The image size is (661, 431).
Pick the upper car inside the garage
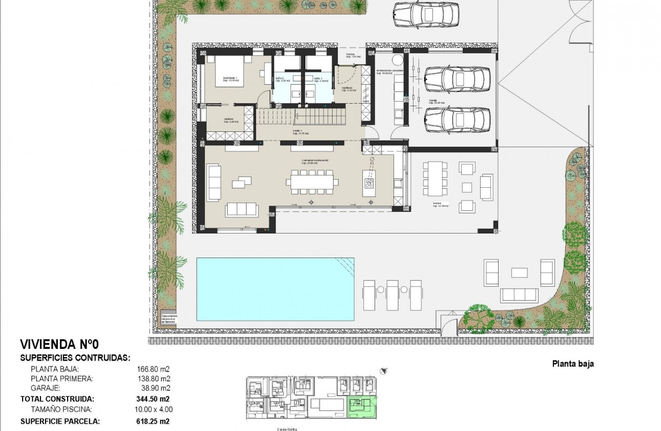(458, 78)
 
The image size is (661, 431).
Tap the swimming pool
(275, 289)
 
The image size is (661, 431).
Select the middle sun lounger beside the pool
(393, 295)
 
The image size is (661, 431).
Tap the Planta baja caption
(572, 364)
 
